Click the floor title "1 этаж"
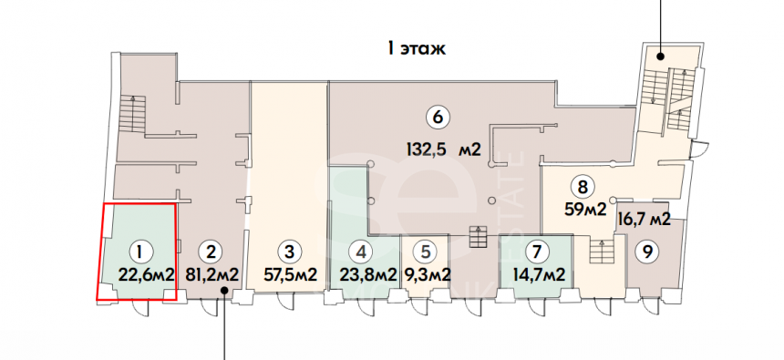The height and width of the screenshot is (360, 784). (x=417, y=49)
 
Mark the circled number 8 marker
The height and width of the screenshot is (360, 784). (x=583, y=188)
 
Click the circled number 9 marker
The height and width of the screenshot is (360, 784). (x=647, y=252)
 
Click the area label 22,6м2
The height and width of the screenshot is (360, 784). (x=147, y=274)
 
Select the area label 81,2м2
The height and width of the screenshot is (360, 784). (x=211, y=274)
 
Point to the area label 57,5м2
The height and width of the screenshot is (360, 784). (x=290, y=274)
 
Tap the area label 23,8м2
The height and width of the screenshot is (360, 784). (x=368, y=274)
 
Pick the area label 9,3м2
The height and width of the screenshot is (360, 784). (x=428, y=274)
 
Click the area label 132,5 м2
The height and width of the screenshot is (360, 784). (x=442, y=149)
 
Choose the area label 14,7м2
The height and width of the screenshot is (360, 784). (x=539, y=274)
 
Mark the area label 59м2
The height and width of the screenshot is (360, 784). (x=585, y=209)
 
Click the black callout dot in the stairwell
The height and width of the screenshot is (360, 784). (x=661, y=57)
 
